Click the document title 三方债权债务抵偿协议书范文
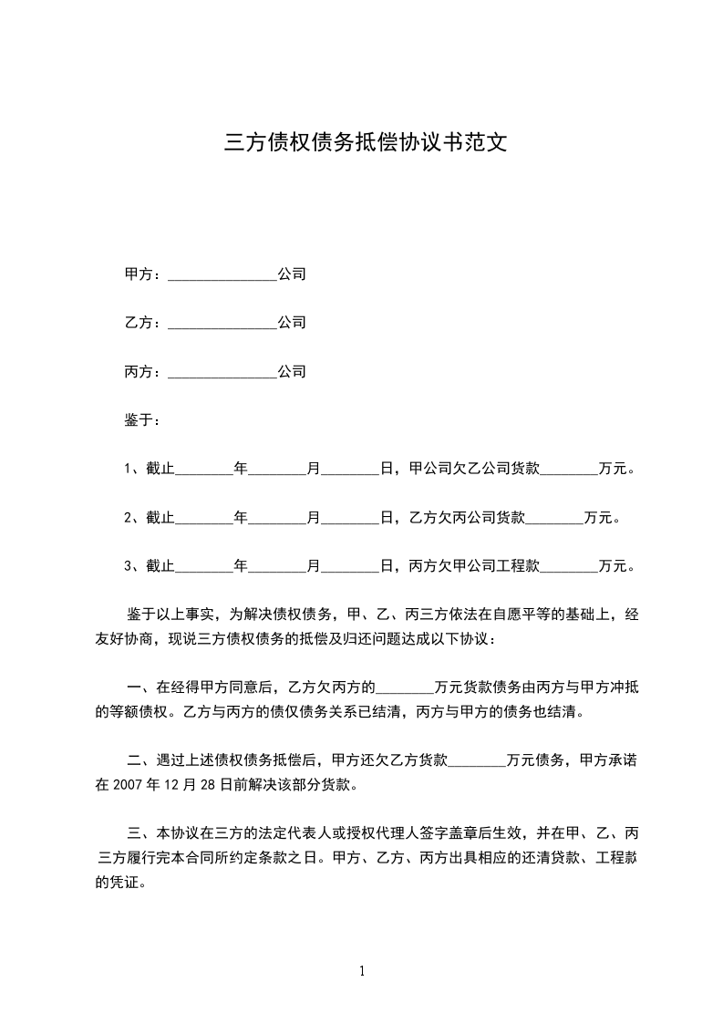click(365, 143)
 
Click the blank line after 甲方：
click(222, 274)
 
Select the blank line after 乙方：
click(222, 324)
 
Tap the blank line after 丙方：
click(222, 373)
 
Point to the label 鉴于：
click(143, 420)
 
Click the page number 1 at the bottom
click(362, 972)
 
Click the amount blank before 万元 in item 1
click(570, 470)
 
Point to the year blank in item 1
click(203, 470)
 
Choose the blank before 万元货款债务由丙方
click(405, 687)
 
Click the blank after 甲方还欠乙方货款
click(478, 759)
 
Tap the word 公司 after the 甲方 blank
click(292, 274)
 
